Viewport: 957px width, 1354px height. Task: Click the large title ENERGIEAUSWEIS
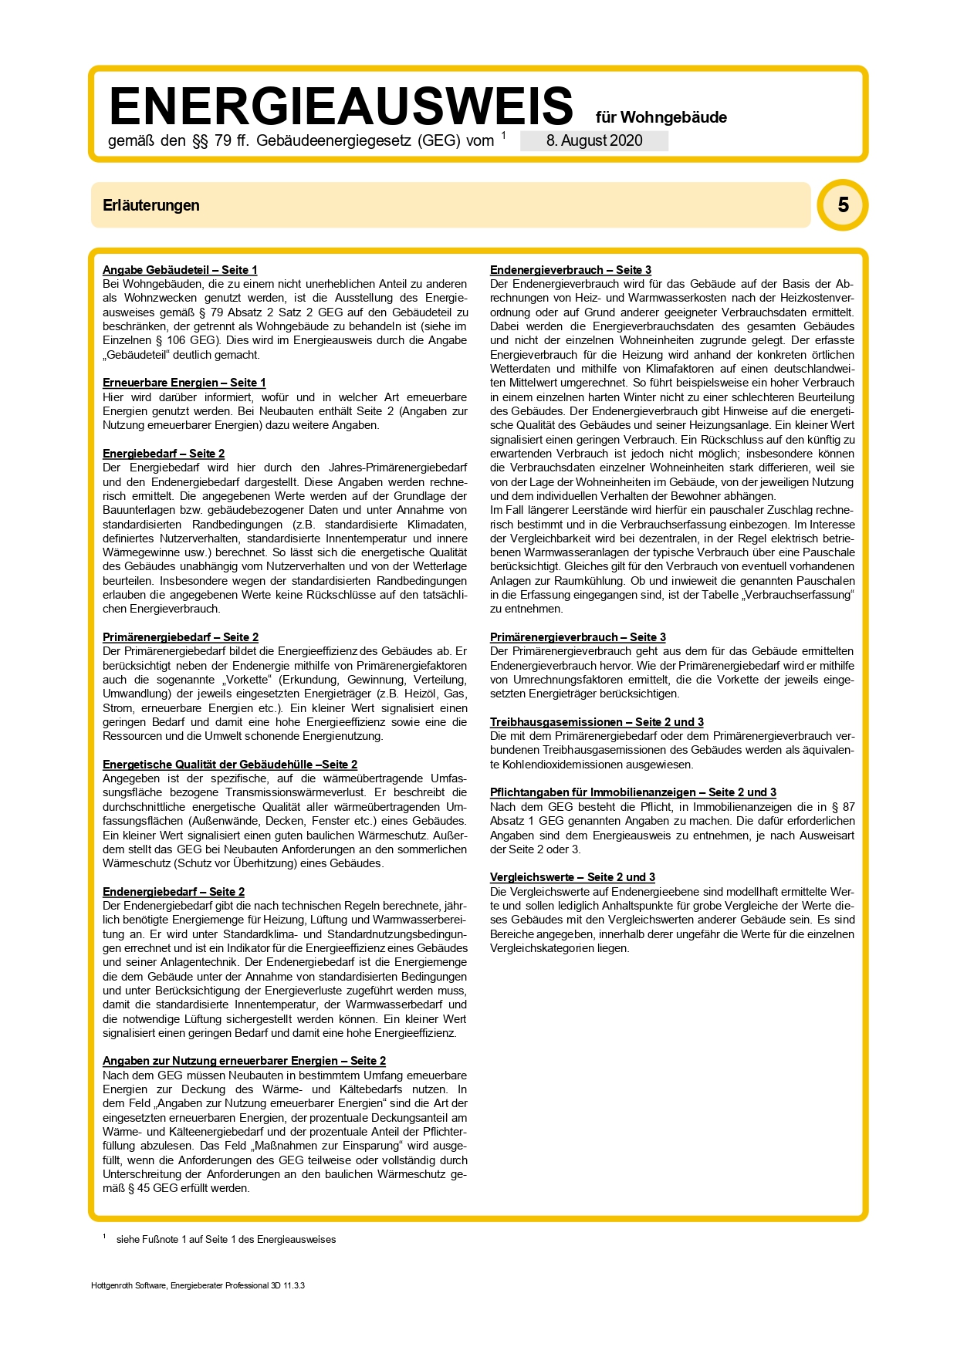click(341, 106)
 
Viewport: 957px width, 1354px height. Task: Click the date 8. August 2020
click(594, 140)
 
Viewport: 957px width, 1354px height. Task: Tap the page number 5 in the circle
click(843, 205)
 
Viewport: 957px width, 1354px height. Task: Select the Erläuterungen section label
click(151, 205)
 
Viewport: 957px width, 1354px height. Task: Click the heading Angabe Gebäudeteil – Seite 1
click(180, 270)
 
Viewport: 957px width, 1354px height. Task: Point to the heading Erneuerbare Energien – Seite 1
click(184, 383)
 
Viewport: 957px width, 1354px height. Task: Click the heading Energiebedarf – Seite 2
click(164, 454)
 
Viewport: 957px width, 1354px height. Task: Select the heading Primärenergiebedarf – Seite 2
click(181, 637)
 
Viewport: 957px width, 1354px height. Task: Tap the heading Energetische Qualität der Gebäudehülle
click(230, 765)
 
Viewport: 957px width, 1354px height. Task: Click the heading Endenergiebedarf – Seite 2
click(174, 892)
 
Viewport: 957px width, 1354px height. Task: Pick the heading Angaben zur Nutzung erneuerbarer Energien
click(244, 1061)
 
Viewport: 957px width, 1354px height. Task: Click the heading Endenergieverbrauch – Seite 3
click(570, 270)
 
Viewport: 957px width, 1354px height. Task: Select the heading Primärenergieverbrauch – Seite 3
click(577, 637)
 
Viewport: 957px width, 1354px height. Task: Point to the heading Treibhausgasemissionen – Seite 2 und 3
click(597, 722)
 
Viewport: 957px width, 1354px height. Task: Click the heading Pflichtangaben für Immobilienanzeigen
click(633, 792)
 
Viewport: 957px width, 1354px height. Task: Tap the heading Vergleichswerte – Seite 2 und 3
click(572, 877)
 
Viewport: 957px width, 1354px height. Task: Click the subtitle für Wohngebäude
click(661, 117)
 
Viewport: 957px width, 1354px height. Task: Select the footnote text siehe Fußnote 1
click(225, 1240)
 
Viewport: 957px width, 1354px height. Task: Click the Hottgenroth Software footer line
click(198, 1286)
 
